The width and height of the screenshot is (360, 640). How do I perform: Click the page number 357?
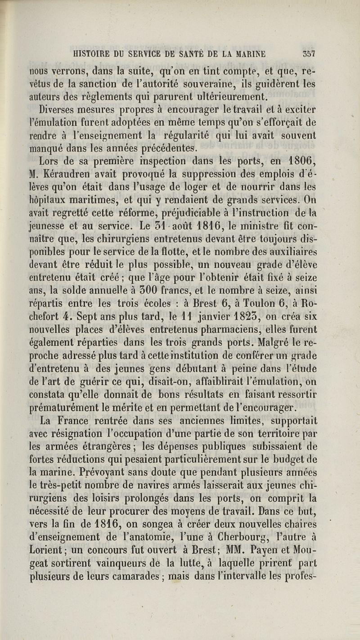click(308, 54)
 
